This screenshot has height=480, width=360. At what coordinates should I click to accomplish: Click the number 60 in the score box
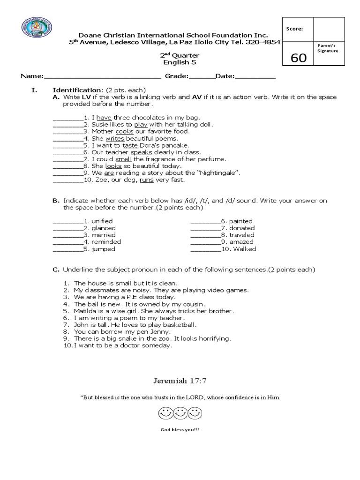(299, 58)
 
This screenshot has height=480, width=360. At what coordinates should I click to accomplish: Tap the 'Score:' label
(294, 29)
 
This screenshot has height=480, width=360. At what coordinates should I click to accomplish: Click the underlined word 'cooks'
(124, 132)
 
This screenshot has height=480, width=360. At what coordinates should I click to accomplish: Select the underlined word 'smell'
(123, 159)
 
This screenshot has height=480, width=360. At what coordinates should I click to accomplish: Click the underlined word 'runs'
(146, 180)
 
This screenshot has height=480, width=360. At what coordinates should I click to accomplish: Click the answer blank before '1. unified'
(68, 221)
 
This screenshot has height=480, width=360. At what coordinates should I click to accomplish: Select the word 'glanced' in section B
(104, 228)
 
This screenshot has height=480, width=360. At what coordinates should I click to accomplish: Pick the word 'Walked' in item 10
(246, 249)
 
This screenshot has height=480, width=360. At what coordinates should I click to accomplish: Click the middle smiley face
(180, 414)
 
